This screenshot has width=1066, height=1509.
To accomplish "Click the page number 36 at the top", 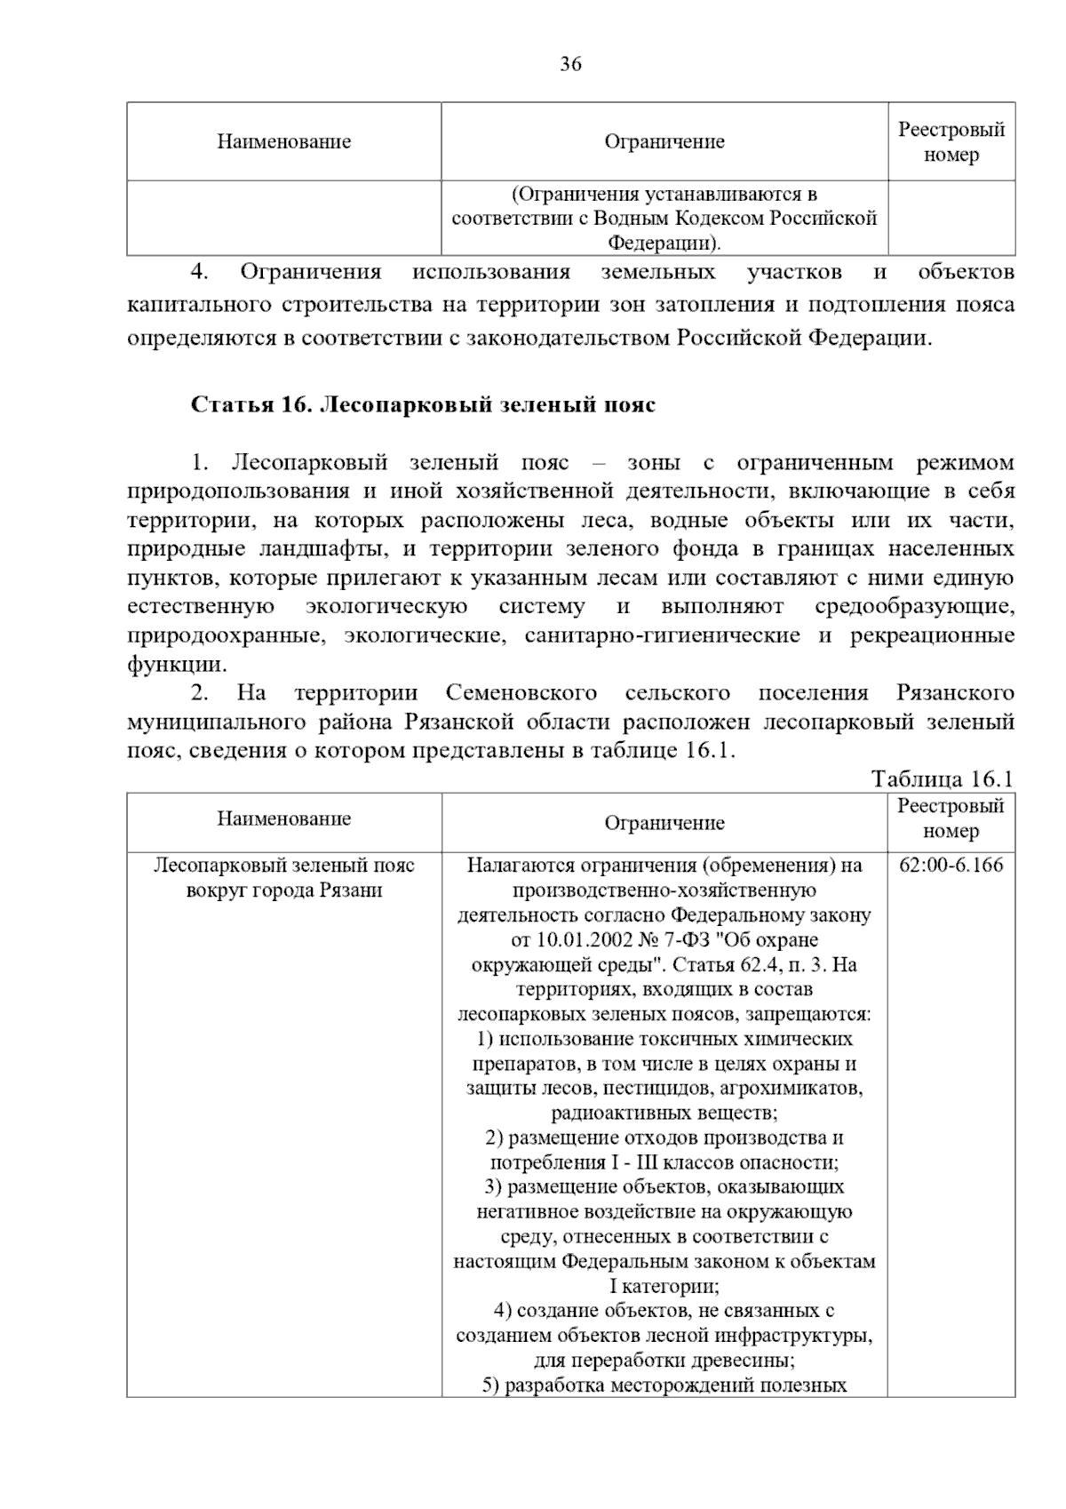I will [570, 64].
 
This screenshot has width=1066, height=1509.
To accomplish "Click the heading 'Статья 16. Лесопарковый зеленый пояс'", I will [423, 405].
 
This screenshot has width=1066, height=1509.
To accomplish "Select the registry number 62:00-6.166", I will [951, 866].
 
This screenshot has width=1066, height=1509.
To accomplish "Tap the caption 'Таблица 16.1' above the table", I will [943, 779].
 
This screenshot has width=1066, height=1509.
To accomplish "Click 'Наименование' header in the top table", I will [284, 142].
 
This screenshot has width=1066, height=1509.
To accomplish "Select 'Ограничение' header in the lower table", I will [664, 824].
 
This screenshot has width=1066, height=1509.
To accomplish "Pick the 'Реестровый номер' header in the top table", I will [951, 142].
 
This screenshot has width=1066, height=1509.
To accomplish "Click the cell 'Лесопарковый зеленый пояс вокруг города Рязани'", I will [284, 878].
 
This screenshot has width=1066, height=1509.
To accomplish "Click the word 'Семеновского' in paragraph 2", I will [521, 693].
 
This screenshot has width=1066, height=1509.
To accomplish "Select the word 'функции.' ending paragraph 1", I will [177, 665].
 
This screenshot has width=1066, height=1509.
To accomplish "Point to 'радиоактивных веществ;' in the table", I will [664, 1113].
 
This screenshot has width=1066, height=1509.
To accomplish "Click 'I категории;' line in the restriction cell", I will [664, 1286].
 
